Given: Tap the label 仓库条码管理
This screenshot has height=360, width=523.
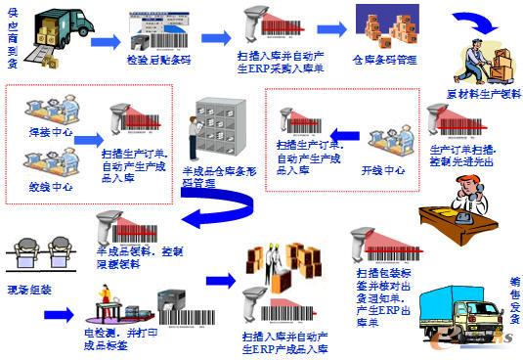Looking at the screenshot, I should click(x=387, y=59).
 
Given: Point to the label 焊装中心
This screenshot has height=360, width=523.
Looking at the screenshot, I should click(x=50, y=128).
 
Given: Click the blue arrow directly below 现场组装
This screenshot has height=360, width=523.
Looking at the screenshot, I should click(x=58, y=314).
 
